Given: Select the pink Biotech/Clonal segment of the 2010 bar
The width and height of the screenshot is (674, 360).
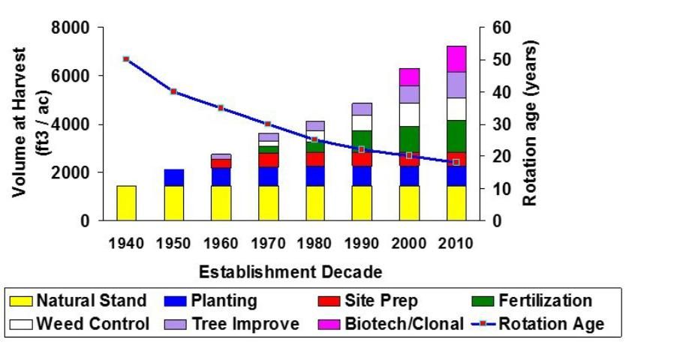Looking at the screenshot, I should click(456, 59).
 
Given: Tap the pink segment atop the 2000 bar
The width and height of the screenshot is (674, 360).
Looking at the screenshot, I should click(409, 77).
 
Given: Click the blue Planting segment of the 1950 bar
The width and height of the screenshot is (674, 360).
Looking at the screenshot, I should click(173, 178).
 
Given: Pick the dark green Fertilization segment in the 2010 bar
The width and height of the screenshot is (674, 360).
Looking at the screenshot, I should click(456, 136).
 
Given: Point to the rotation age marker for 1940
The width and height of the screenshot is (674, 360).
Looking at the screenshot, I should click(126, 58).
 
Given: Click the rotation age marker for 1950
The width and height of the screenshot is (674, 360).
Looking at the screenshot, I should click(173, 91).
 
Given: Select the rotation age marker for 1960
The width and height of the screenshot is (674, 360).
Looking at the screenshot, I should click(221, 108).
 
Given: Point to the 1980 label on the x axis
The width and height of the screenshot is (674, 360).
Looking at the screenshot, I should click(315, 243).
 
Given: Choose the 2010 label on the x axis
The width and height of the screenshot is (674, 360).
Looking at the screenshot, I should click(456, 243).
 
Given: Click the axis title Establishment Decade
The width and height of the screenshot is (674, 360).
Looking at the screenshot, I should click(290, 271).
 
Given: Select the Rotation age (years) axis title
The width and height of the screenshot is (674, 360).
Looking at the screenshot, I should click(531, 124).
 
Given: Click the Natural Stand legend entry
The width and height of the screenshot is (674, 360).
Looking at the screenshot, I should click(79, 301).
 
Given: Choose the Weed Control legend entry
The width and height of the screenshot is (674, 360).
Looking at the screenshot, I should click(79, 324).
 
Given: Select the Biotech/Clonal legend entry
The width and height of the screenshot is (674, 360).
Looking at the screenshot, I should click(390, 324).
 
